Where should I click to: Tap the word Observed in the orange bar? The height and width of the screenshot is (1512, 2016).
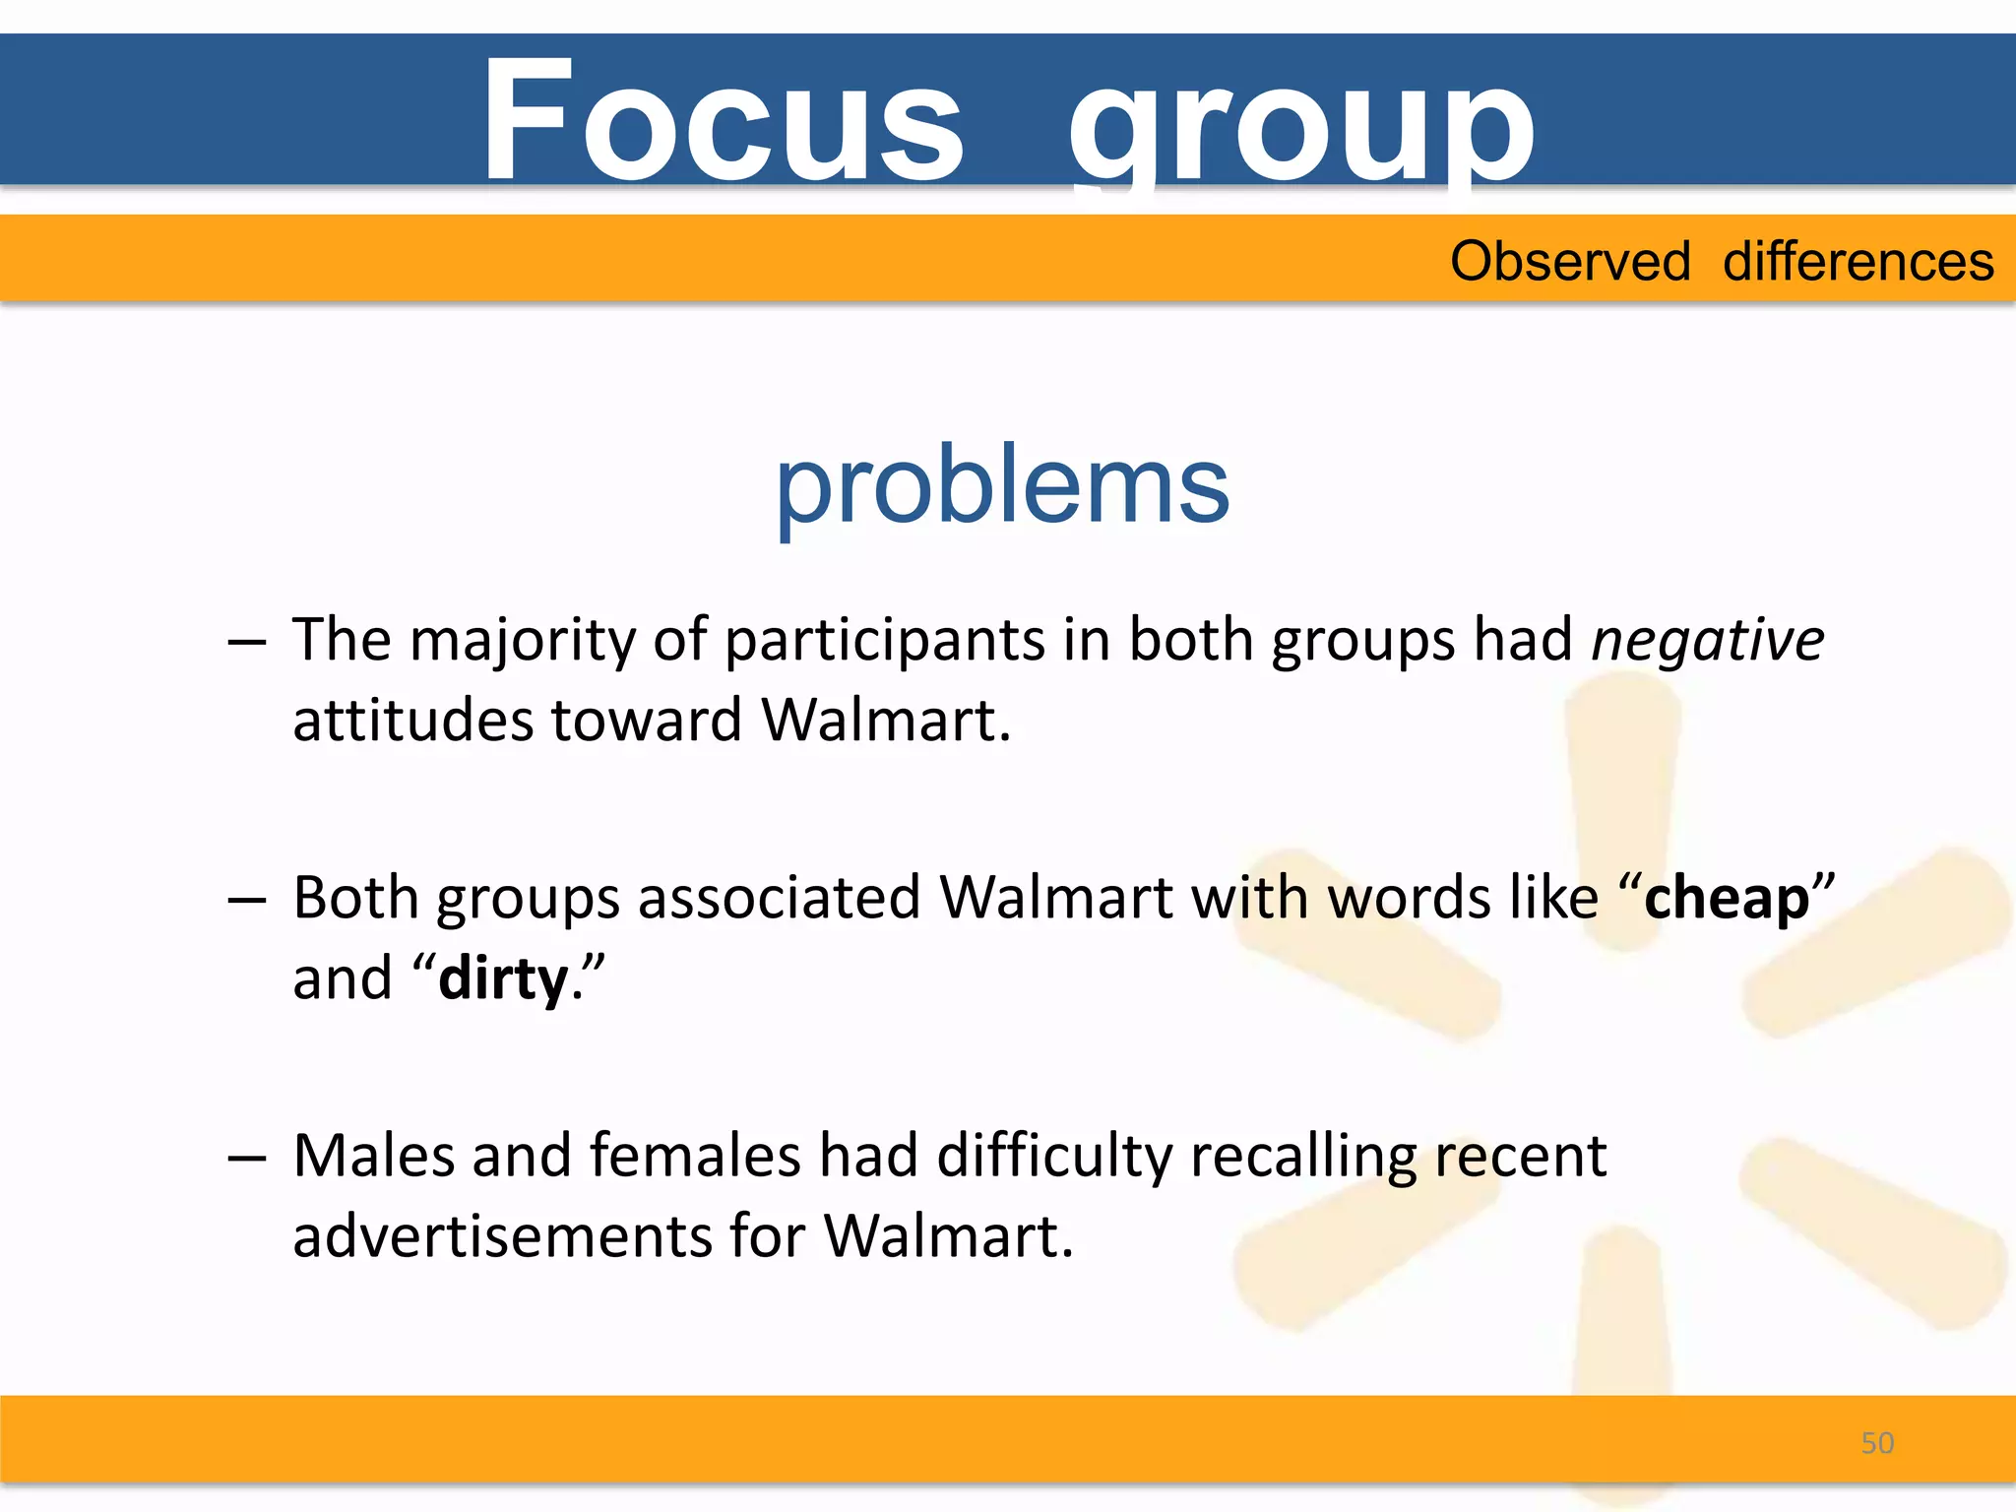(x=1570, y=262)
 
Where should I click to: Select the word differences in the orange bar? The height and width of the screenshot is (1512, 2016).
(x=1858, y=262)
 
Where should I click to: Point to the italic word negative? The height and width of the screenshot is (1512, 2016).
(x=1708, y=641)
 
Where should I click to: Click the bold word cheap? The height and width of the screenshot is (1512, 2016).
(x=1727, y=899)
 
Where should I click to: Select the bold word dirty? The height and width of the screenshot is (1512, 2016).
(x=503, y=979)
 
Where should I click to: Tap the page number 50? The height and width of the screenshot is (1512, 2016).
(x=1877, y=1443)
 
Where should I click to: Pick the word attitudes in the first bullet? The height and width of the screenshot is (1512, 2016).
(x=412, y=721)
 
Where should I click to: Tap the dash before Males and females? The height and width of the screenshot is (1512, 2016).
(x=246, y=1158)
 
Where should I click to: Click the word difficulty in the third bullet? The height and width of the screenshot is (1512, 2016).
(x=1054, y=1157)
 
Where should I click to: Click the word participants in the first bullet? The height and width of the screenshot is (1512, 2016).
(x=884, y=641)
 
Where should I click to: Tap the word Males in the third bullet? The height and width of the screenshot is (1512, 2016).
(x=374, y=1157)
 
